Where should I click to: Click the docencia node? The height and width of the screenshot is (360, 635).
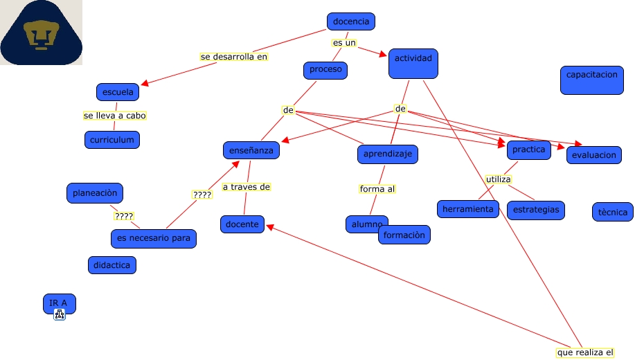click(x=351, y=22)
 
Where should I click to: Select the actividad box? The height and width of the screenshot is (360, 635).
click(x=413, y=63)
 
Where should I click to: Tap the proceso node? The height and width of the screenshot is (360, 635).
click(x=325, y=70)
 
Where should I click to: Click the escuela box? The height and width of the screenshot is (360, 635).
click(x=118, y=92)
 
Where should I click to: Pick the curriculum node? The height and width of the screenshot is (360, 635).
click(x=113, y=140)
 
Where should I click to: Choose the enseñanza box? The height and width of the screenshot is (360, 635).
click(x=251, y=150)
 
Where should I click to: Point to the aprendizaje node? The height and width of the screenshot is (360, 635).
click(x=388, y=154)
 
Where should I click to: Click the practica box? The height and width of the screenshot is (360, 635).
click(x=528, y=150)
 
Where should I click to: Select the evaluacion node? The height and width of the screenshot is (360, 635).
click(x=593, y=155)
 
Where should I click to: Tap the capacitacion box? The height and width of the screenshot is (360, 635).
click(x=591, y=80)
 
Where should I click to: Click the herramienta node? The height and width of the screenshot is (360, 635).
click(x=468, y=209)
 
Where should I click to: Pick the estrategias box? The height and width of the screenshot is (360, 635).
click(x=536, y=210)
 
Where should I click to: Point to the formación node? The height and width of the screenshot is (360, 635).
click(x=404, y=235)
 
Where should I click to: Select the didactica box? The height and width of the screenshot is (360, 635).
click(x=111, y=265)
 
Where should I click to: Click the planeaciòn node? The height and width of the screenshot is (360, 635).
click(x=96, y=193)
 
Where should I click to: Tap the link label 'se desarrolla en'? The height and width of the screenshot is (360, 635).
click(x=233, y=57)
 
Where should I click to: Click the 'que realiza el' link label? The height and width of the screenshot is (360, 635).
click(x=585, y=352)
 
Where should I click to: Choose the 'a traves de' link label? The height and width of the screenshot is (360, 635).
click(x=246, y=187)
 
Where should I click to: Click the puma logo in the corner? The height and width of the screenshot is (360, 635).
click(x=42, y=33)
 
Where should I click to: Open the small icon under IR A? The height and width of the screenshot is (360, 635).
click(x=60, y=315)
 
